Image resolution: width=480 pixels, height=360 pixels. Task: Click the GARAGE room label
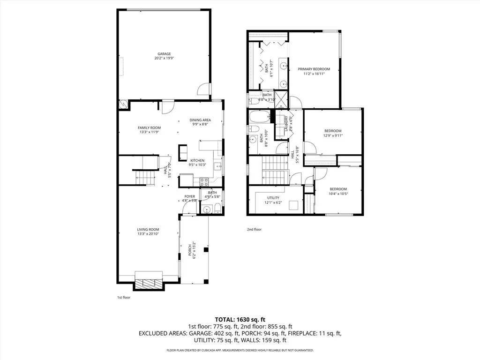[164, 54]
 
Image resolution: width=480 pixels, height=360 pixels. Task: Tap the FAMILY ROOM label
[149, 127]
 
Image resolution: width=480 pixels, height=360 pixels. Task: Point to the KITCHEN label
[197, 160]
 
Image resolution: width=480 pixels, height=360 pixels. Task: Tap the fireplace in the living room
[149, 283]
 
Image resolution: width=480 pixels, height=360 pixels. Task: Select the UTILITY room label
[273, 198]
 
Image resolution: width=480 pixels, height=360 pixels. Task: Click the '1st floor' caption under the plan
[123, 297]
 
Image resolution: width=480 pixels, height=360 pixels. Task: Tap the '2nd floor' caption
[254, 230]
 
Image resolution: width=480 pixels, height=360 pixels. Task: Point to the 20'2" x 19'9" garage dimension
[164, 59]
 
